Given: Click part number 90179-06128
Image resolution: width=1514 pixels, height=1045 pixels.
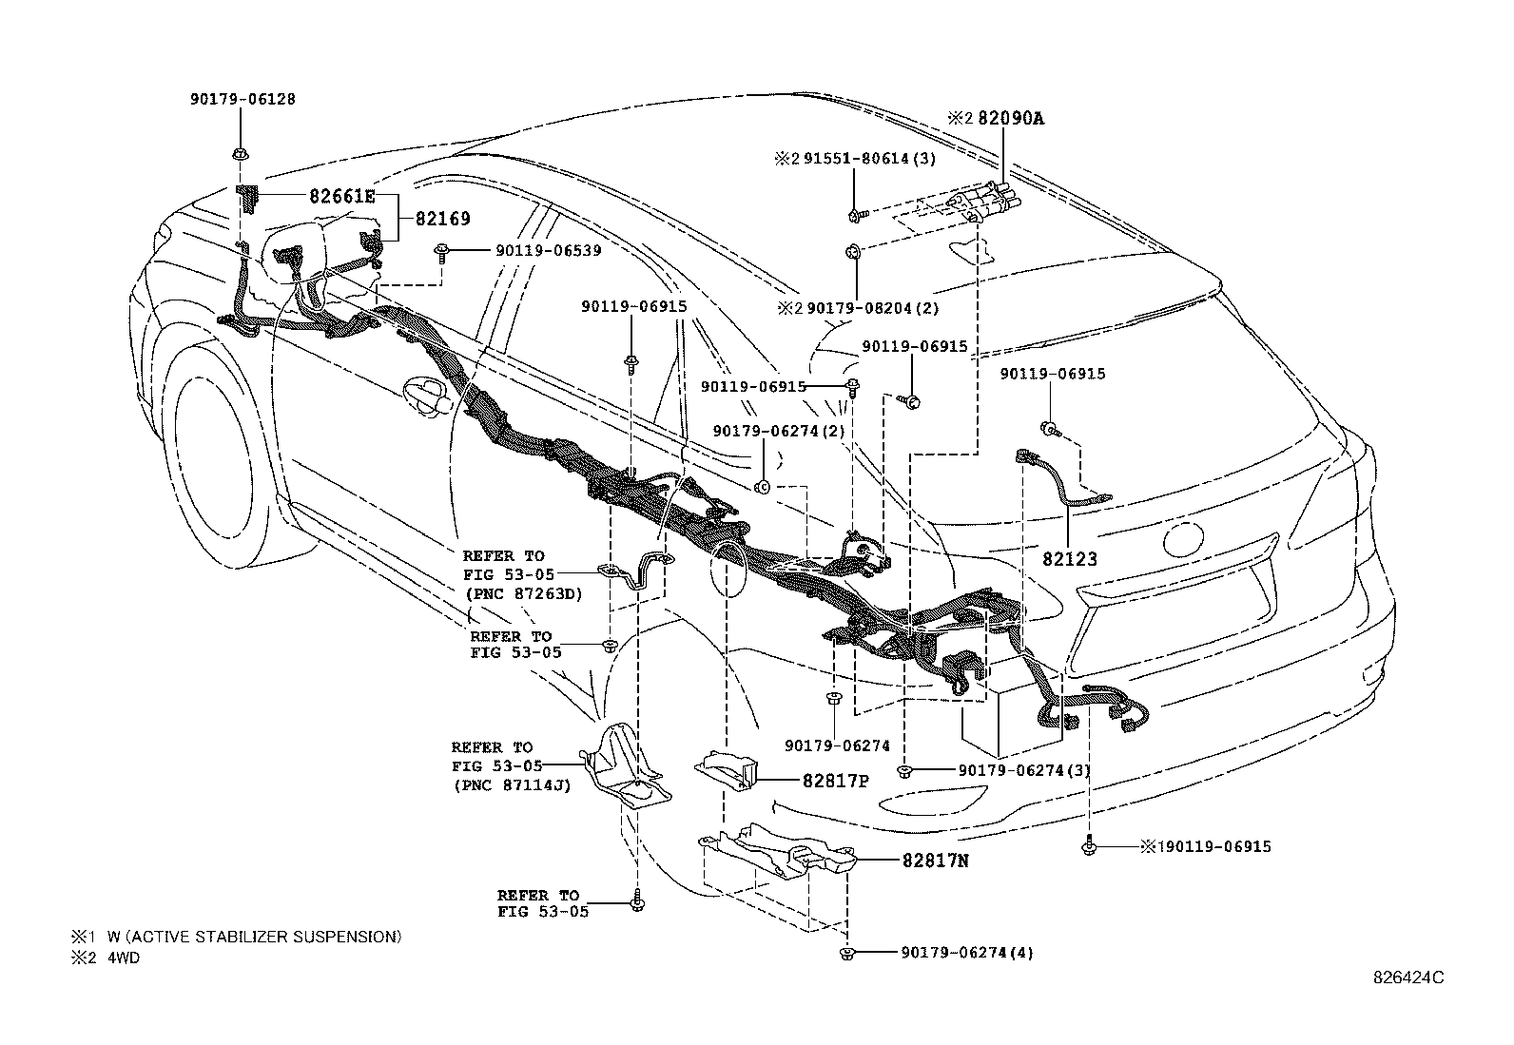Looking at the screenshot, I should click(x=241, y=99).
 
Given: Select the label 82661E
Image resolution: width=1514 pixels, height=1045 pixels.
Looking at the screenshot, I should click(x=342, y=197).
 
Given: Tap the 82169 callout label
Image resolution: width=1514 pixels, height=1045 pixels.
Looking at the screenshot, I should click(x=442, y=219).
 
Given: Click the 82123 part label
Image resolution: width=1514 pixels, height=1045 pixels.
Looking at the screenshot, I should click(x=1070, y=558).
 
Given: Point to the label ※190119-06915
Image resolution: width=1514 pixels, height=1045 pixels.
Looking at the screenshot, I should click(x=1206, y=846).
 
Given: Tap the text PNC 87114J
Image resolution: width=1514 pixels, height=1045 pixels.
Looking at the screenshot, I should click(x=511, y=785).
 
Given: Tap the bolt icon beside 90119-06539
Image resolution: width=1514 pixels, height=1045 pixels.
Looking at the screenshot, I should click(x=442, y=251).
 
